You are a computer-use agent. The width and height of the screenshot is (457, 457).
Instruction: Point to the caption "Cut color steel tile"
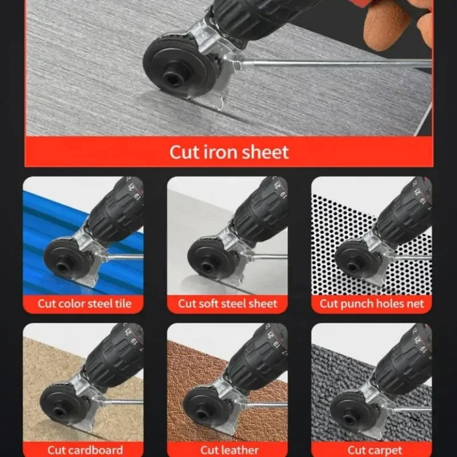coord(83,303)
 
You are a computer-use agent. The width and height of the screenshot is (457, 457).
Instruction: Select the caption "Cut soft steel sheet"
coord(228,303)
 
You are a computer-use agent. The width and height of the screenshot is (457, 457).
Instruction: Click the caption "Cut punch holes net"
coord(372,303)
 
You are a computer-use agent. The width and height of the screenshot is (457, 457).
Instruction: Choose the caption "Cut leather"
coord(227,450)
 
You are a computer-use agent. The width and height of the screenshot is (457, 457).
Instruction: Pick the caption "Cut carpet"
coord(372,450)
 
